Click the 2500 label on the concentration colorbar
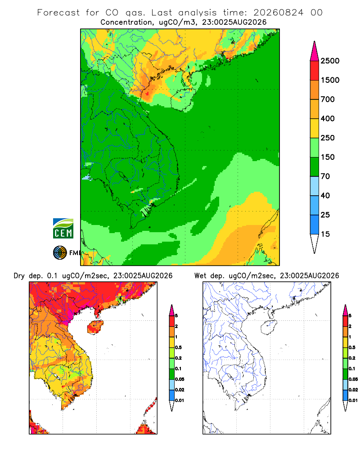tap(330, 61)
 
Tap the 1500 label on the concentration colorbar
tap(330, 80)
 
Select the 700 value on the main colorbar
tap(328, 99)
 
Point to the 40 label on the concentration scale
tap(325, 195)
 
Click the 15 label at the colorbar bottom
tap(325, 234)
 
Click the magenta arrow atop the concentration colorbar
tap(315, 51)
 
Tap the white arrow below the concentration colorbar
tap(315, 244)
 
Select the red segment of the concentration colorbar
tap(315, 71)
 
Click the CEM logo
tap(63, 229)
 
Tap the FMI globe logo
tap(60, 253)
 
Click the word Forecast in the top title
tap(58, 13)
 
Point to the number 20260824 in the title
tap(278, 13)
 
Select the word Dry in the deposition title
tap(19, 276)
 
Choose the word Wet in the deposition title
tap(200, 276)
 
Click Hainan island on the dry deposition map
tap(95, 327)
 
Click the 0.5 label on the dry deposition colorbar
tap(178, 347)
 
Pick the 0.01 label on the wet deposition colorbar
tap(353, 400)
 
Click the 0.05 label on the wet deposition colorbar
tap(353, 379)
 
